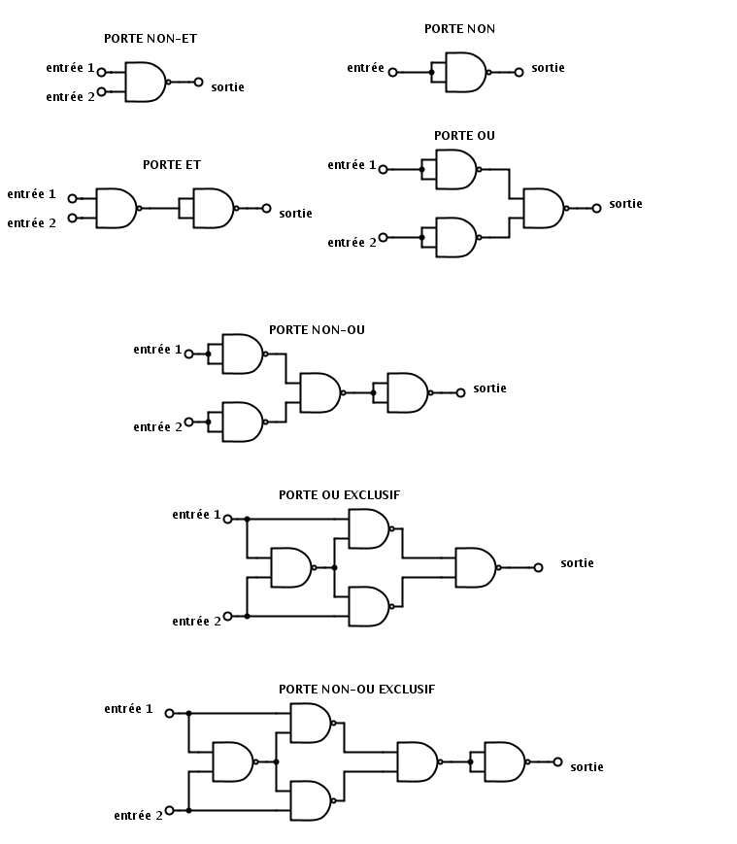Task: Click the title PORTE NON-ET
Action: click(x=151, y=39)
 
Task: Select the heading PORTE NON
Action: click(x=459, y=29)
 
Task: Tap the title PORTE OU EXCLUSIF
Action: click(x=340, y=495)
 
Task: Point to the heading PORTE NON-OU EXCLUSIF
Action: click(x=356, y=690)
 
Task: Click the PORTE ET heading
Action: click(x=172, y=165)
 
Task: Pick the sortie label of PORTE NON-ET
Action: click(x=227, y=87)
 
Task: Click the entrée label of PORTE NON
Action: click(x=365, y=68)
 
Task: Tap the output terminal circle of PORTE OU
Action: click(x=596, y=208)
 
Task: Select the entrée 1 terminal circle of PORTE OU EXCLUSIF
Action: click(x=227, y=519)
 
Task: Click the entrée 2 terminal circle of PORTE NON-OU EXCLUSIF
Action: click(x=170, y=810)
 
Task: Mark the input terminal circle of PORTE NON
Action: click(x=392, y=72)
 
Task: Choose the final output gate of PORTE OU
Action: click(x=546, y=208)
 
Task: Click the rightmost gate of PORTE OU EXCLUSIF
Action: click(x=478, y=568)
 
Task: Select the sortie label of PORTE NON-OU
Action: click(x=489, y=388)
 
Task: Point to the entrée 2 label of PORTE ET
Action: click(x=31, y=223)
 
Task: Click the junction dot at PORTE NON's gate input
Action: click(x=431, y=72)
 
